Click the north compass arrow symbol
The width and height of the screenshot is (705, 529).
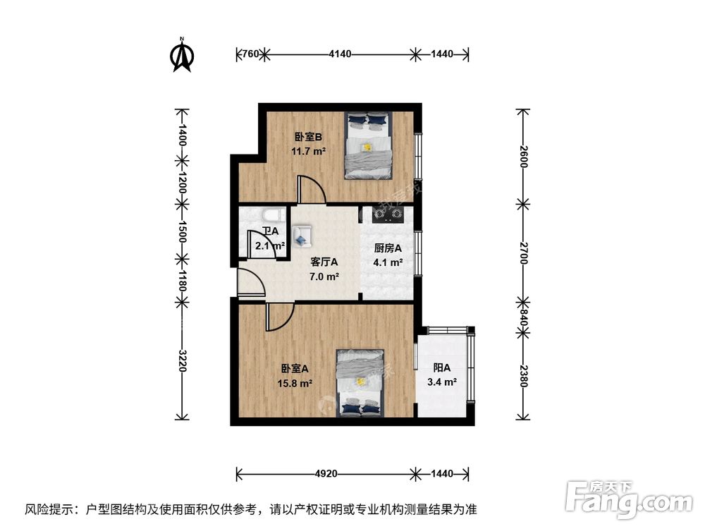click(x=183, y=56)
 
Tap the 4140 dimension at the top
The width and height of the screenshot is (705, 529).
click(x=340, y=53)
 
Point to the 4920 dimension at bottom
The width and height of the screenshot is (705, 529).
click(x=324, y=473)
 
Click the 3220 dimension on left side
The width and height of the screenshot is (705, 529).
click(x=183, y=360)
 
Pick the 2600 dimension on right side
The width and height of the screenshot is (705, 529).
click(x=522, y=154)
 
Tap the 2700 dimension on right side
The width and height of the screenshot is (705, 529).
click(x=522, y=252)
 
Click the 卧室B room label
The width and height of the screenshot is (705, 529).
click(x=308, y=138)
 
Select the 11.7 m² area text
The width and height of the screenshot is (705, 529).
click(x=308, y=151)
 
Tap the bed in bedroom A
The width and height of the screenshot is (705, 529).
click(x=360, y=382)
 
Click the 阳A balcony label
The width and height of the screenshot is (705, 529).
click(x=441, y=367)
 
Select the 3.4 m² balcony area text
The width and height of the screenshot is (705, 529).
click(x=441, y=382)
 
